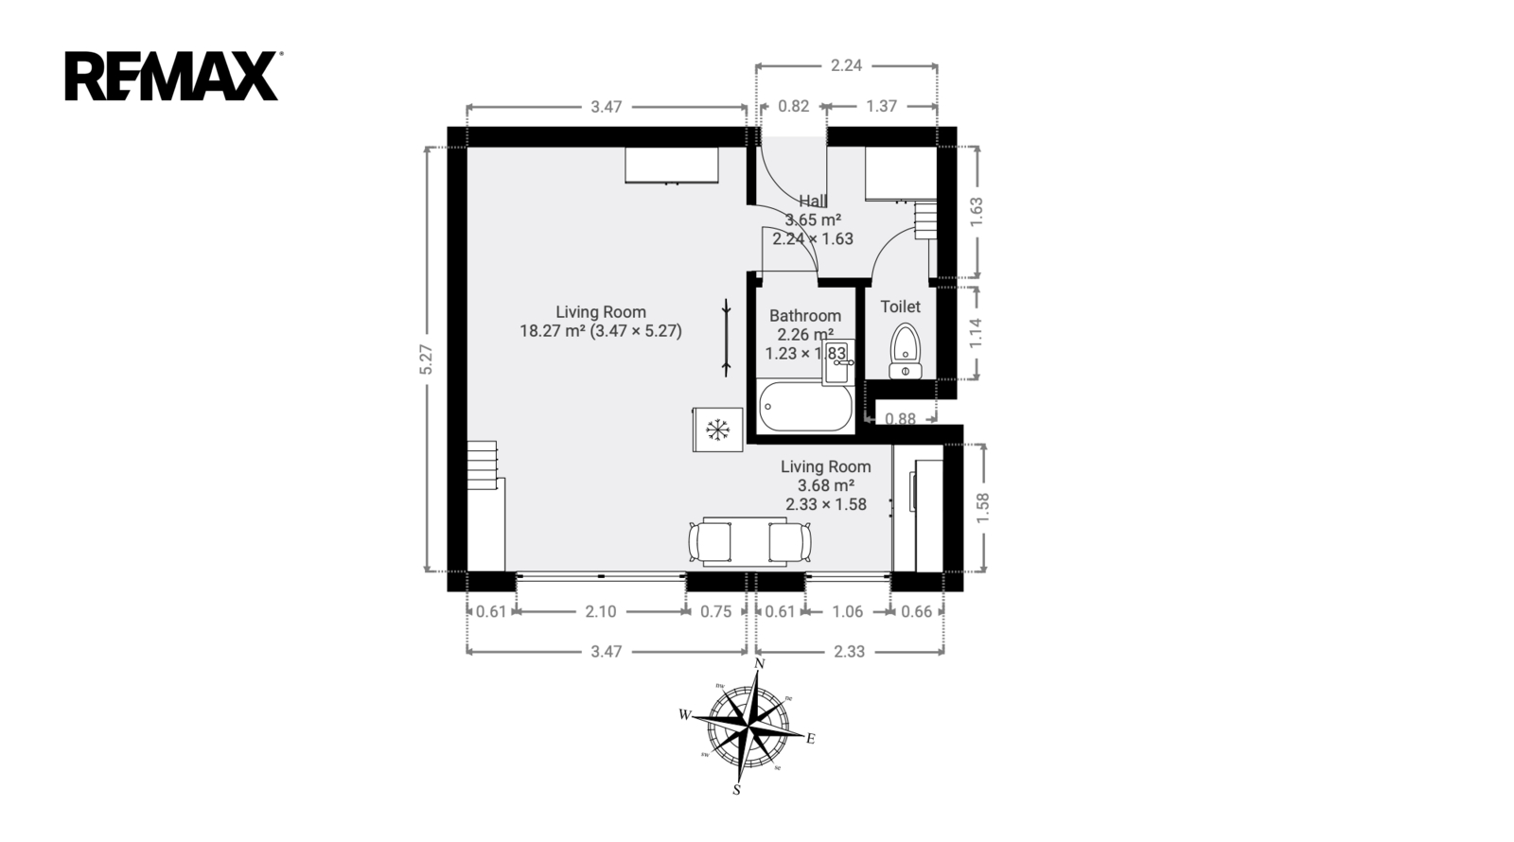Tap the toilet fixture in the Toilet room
click(x=905, y=351)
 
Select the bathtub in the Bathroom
click(x=805, y=407)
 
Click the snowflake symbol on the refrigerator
click(x=717, y=430)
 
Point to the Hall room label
click(x=813, y=201)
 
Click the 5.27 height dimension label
click(x=426, y=360)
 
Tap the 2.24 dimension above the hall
click(x=846, y=65)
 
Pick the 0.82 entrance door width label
click(x=794, y=106)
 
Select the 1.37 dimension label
click(x=881, y=106)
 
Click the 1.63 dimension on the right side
click(x=977, y=212)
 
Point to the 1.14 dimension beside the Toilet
click(x=976, y=333)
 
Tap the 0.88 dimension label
click(x=900, y=419)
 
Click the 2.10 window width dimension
click(x=601, y=611)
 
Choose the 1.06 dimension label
click(x=848, y=611)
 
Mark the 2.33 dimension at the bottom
click(x=849, y=652)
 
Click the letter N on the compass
click(x=759, y=663)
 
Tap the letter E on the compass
click(x=810, y=739)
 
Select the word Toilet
click(x=900, y=307)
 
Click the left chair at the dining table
click(x=709, y=542)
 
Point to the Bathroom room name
click(x=805, y=316)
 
